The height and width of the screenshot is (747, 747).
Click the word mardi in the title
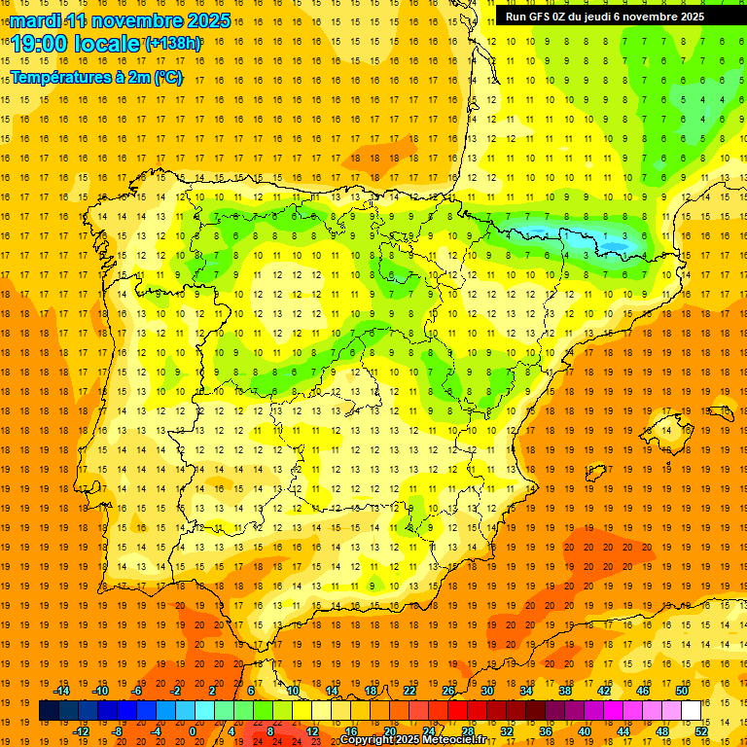pos(35,20)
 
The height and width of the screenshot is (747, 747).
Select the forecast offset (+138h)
pos(173,43)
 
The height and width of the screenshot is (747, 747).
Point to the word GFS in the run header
pos(541,17)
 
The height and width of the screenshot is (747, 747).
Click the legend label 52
pos(701,731)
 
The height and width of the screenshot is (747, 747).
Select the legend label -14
pos(61,691)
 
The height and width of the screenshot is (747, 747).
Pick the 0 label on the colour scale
pos(192,731)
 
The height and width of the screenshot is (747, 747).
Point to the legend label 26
pos(448,691)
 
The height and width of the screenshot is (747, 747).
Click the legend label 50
pos(682,691)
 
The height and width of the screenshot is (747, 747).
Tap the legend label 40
pos(585,731)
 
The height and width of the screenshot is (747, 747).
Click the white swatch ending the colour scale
pos(691,711)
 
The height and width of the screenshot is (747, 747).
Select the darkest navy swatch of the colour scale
pos(49,711)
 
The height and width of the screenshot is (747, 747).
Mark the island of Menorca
pos(721,413)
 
